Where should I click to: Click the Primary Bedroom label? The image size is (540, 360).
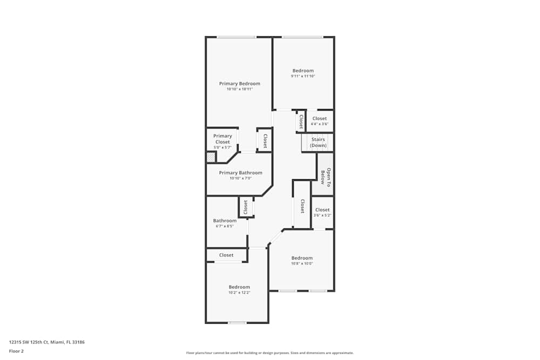(240, 84)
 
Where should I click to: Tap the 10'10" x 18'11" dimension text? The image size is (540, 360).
(240, 89)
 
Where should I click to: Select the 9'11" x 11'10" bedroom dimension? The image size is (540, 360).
(303, 77)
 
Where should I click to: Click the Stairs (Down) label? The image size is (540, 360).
(318, 142)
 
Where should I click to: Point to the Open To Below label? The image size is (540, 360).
(326, 177)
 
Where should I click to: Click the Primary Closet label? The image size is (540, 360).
(222, 139)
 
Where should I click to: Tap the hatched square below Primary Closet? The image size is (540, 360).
(211, 157)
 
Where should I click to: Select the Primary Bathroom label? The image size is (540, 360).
(241, 173)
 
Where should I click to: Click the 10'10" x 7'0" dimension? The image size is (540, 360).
(241, 178)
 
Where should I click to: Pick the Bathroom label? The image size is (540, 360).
(225, 221)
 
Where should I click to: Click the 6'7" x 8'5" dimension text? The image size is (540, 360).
(225, 226)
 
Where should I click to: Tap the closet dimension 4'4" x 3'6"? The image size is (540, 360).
(320, 124)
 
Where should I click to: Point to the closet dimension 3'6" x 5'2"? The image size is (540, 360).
(322, 215)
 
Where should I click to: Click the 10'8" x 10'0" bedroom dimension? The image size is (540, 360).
(302, 263)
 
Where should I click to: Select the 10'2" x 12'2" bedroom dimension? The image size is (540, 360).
(239, 293)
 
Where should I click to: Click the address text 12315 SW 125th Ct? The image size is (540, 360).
(29, 342)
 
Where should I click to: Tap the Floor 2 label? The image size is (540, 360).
(16, 351)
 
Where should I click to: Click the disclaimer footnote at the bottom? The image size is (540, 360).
(270, 353)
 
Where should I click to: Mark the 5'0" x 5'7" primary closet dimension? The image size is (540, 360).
(222, 148)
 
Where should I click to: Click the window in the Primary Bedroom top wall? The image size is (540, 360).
(237, 37)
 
